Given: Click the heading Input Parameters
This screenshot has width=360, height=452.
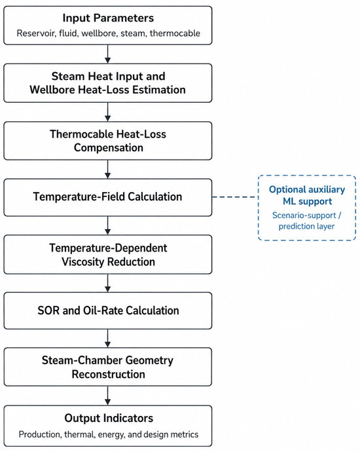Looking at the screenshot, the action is click(108, 18).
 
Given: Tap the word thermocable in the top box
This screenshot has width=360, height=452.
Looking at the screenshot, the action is click(175, 33).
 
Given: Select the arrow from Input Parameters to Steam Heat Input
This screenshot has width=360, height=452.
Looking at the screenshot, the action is click(108, 54).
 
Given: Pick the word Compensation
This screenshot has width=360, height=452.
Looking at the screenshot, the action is click(109, 147).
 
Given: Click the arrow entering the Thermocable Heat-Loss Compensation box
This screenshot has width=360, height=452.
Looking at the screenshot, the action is click(108, 112).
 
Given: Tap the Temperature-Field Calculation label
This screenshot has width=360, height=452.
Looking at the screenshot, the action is click(108, 197).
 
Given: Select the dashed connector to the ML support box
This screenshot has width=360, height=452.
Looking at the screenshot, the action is click(235, 197).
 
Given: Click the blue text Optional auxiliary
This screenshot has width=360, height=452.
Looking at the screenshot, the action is click(307, 189).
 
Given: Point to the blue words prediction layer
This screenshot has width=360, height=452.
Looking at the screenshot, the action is click(306, 226).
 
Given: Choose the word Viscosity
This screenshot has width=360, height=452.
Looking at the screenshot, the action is click(83, 262).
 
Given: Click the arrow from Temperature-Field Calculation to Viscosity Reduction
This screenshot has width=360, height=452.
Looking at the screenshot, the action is click(108, 225).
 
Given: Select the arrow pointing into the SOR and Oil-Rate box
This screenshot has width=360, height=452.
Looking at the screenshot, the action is click(108, 283).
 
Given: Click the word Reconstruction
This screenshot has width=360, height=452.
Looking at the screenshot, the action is click(108, 374).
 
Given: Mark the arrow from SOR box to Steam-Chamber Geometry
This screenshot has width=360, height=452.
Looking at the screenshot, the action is click(108, 339).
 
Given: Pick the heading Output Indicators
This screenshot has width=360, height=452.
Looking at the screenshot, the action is click(109, 418).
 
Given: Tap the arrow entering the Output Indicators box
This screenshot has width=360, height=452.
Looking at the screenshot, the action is click(108, 396).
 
